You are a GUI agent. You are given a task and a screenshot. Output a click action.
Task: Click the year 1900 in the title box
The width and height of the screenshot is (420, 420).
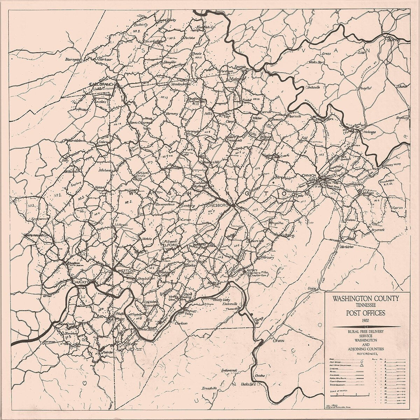[366, 320]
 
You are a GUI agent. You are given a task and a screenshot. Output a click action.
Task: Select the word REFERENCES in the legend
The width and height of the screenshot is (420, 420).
[365, 354]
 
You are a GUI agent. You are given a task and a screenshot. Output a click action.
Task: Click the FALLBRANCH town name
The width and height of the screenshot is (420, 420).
[100, 85]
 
